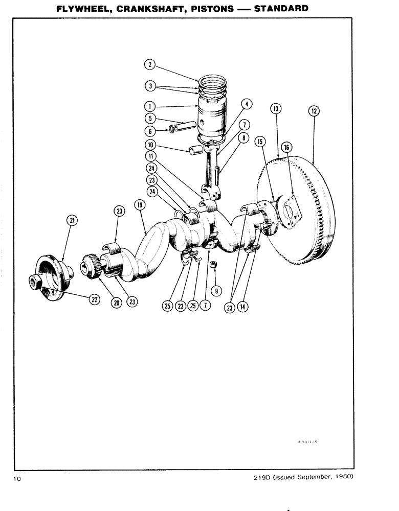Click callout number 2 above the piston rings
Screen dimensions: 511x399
point(149,64)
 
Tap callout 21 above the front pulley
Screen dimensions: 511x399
point(73,220)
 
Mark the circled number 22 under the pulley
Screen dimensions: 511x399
point(95,300)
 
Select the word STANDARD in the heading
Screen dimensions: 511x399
point(281,9)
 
